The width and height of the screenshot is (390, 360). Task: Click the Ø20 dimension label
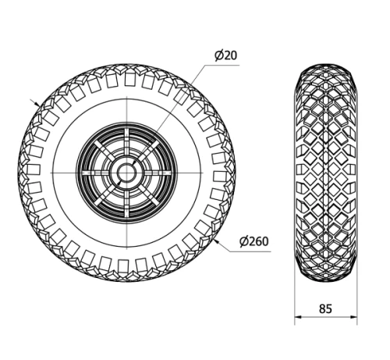225,55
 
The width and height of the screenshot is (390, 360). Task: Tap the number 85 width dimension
325,308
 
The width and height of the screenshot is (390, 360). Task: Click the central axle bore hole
125,171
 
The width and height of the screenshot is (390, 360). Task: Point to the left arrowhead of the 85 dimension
297,319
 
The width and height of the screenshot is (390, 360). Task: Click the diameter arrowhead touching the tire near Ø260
216,239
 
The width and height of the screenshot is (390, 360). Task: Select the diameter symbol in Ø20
218,55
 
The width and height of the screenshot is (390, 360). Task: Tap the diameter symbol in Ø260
243,241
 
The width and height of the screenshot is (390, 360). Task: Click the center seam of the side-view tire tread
326,171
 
